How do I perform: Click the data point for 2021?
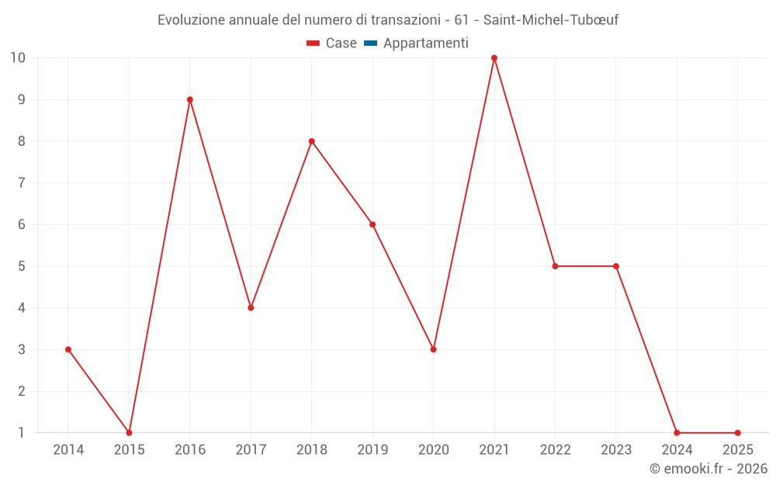tap(494, 58)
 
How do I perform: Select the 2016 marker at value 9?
tap(190, 99)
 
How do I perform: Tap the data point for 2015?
tap(129, 432)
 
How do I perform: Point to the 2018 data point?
tap(312, 141)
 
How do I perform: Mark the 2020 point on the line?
tap(433, 349)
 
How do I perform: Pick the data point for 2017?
tap(251, 307)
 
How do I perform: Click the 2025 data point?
tap(737, 432)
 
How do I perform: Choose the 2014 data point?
tap(68, 349)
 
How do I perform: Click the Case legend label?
tap(341, 43)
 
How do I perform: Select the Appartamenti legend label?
tap(426, 43)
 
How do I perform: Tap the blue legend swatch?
tap(370, 43)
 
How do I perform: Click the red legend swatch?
tap(313, 43)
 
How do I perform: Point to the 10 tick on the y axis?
tap(18, 58)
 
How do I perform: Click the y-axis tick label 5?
tap(22, 266)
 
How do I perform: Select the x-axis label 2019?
tap(372, 450)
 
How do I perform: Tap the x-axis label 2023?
tap(616, 450)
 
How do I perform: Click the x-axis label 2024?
tap(677, 450)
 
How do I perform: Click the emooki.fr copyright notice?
tap(708, 469)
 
